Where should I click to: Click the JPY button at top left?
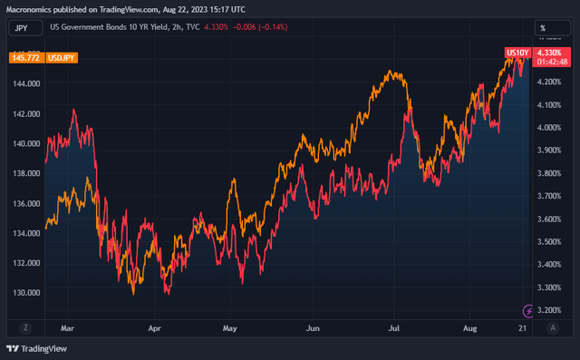tap(20, 28)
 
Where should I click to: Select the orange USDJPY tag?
tap(62, 57)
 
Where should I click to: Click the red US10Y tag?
tap(516, 54)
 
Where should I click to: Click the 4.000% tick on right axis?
tap(553, 128)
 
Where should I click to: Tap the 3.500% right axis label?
tap(553, 242)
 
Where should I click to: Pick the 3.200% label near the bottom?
tap(553, 310)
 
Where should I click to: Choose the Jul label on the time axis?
tap(394, 327)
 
